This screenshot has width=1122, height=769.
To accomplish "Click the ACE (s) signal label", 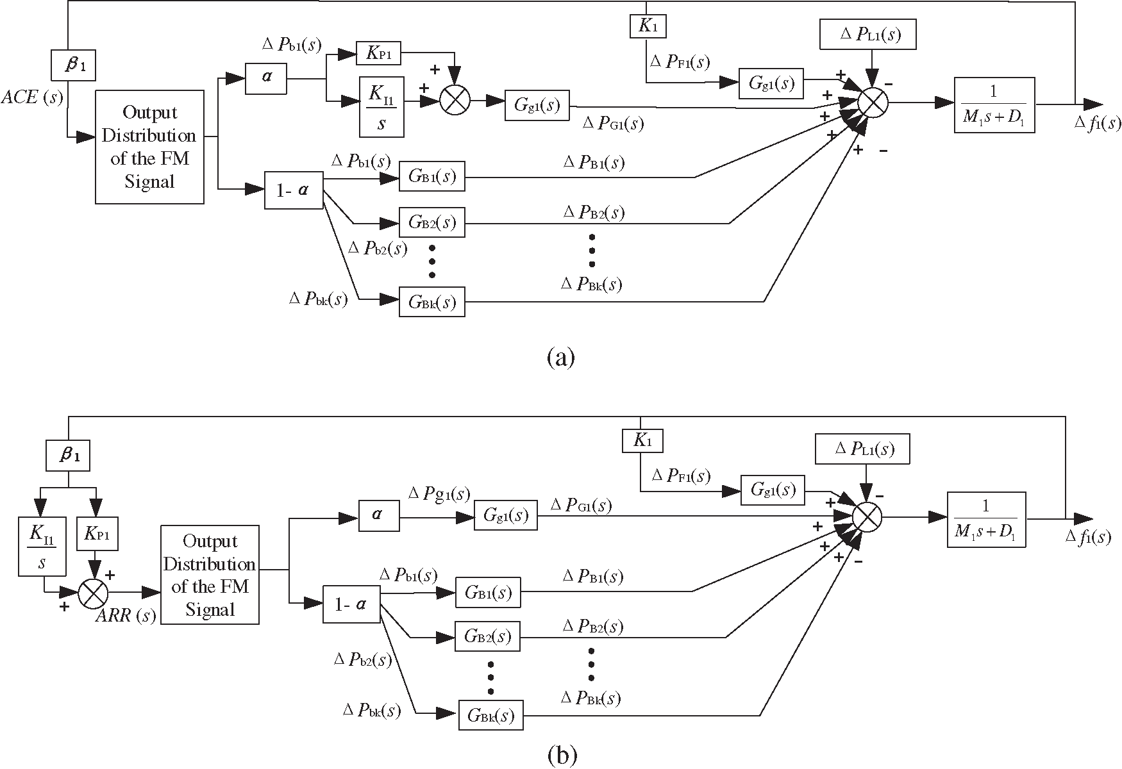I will pos(32,97).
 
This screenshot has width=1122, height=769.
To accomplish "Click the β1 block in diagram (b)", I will pos(67,456).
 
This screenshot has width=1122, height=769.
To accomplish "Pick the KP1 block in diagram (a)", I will pos(378,54).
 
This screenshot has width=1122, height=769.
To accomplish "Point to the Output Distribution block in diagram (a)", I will pos(149,147).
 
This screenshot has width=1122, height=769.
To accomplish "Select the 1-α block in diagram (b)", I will pos(351,603).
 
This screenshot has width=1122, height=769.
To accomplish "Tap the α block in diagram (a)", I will pos(266,78).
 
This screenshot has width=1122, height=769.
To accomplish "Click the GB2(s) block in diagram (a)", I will pos(431,223).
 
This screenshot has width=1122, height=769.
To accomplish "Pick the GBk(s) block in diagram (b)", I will pos(490,714).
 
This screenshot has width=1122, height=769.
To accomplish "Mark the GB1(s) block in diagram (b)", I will pos(487,592).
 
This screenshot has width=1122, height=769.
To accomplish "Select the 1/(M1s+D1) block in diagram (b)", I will pos(986,519).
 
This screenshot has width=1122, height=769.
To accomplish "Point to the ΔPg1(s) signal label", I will pos(439,494).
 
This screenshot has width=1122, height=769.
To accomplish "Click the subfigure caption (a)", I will pos(560,357).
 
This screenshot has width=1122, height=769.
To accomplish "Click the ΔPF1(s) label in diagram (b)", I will pos(680,475).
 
